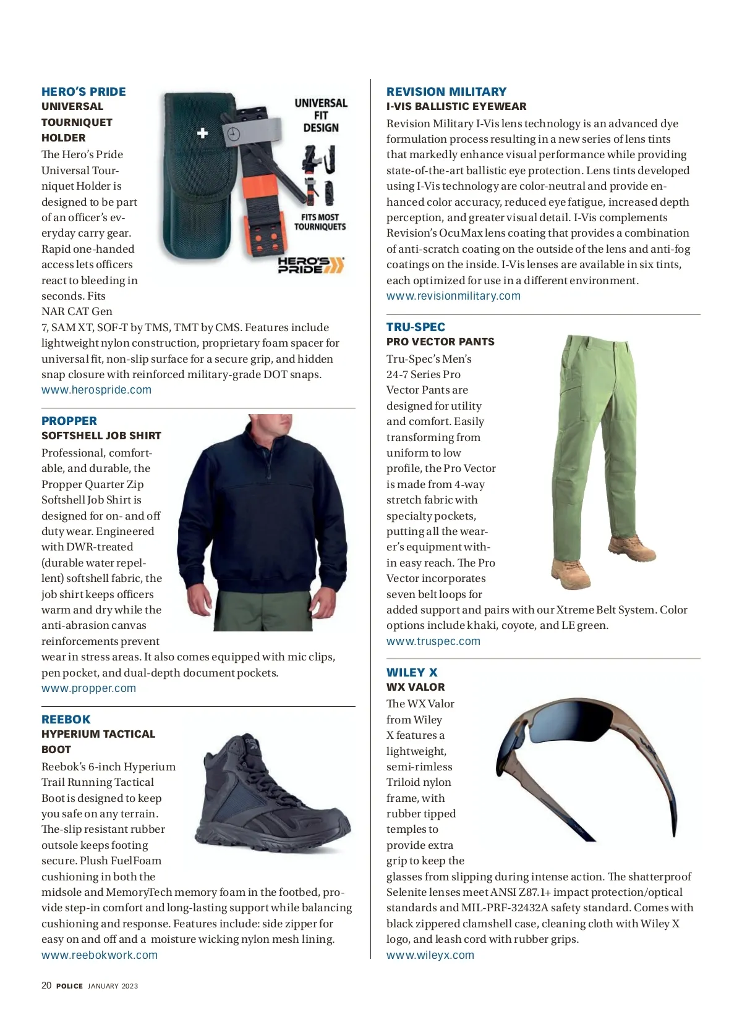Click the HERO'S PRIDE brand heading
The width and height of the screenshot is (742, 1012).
[83, 91]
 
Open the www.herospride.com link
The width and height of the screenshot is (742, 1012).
[96, 390]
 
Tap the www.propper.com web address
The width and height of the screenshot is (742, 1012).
[88, 688]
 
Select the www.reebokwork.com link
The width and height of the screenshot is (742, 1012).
[100, 955]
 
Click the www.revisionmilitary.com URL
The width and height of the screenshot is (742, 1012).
[453, 296]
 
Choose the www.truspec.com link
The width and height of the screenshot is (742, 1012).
[433, 641]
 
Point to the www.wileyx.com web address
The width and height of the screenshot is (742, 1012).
[430, 955]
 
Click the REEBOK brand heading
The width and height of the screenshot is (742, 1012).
[66, 719]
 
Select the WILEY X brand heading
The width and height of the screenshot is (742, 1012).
[412, 672]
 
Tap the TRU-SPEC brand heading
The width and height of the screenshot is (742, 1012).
[416, 327]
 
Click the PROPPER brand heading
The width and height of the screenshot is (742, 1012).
[69, 421]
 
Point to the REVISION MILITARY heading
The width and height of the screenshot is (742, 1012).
[446, 91]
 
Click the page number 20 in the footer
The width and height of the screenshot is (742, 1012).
[46, 985]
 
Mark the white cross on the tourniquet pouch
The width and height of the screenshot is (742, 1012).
[202, 133]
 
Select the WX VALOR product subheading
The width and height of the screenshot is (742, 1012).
[416, 687]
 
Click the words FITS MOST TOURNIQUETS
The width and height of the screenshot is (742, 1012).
[320, 222]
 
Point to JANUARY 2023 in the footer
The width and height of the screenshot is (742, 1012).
[113, 986]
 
